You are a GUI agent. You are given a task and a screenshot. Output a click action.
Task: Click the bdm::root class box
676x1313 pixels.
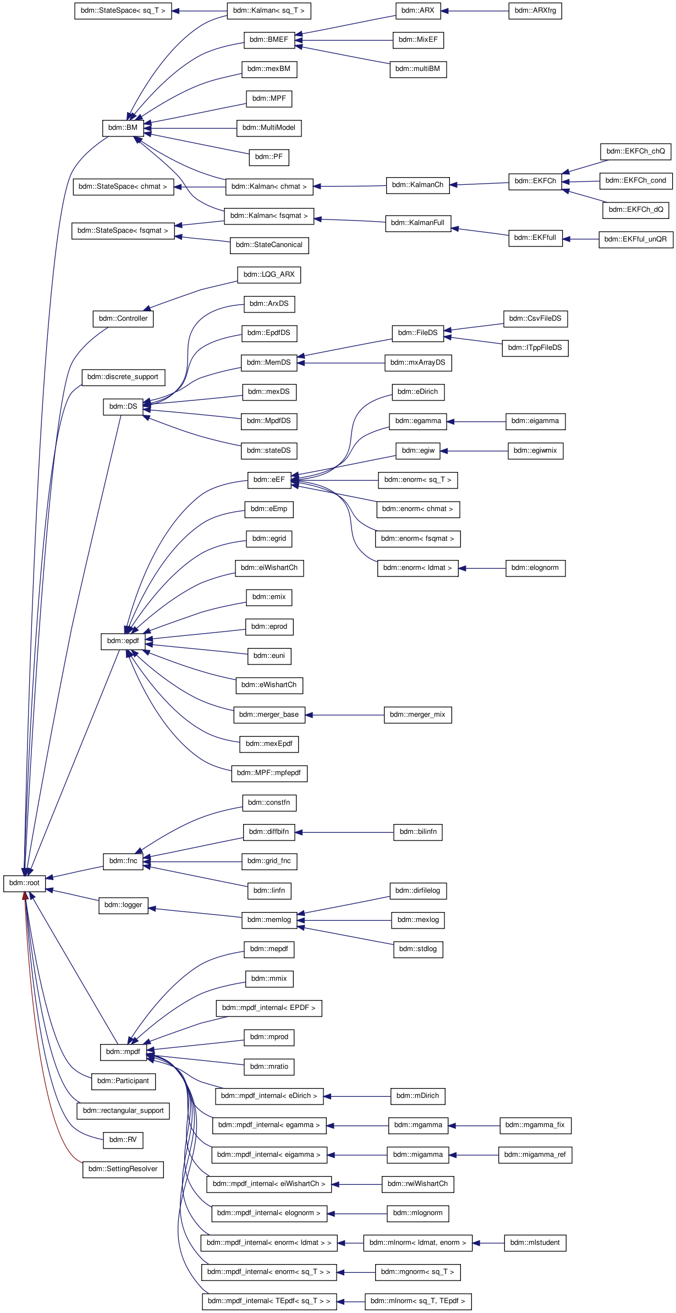tap(24, 883)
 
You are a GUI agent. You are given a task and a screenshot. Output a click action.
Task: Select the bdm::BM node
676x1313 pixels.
tap(123, 128)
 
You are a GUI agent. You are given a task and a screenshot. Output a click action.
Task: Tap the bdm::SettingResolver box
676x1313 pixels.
tap(123, 1169)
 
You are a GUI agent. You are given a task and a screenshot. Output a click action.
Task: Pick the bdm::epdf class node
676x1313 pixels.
tap(123, 641)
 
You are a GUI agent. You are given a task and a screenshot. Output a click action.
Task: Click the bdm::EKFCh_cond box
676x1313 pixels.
tap(635, 180)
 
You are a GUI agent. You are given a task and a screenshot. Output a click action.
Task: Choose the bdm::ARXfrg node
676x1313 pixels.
tap(535, 10)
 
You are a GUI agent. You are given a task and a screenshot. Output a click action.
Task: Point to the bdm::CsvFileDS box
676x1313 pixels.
tap(535, 318)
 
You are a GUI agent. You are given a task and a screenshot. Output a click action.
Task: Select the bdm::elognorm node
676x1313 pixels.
tap(535, 568)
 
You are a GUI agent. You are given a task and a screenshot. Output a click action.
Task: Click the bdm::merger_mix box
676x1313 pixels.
tap(417, 715)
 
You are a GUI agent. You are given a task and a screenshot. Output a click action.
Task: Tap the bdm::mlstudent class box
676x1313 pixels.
tap(535, 1243)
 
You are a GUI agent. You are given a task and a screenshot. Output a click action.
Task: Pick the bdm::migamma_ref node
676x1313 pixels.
tap(535, 1155)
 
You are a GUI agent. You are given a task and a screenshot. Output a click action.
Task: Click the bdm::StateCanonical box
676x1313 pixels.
tap(269, 245)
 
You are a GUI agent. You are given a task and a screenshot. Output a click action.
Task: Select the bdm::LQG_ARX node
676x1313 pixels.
tap(269, 274)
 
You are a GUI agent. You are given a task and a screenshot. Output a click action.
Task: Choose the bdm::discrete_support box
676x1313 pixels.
tap(123, 377)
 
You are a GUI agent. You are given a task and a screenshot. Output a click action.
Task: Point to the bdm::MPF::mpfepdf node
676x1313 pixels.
tap(269, 773)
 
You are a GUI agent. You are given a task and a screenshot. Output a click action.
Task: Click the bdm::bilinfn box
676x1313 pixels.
tap(418, 832)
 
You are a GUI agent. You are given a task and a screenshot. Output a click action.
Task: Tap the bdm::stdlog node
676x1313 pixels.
tap(418, 949)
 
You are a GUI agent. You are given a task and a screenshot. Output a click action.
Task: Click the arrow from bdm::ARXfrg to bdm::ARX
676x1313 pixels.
tap(475, 11)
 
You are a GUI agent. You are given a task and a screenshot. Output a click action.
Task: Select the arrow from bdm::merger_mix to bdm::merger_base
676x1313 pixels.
tap(344, 715)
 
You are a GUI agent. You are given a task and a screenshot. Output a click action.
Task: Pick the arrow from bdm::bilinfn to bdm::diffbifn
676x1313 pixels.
tap(344, 832)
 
